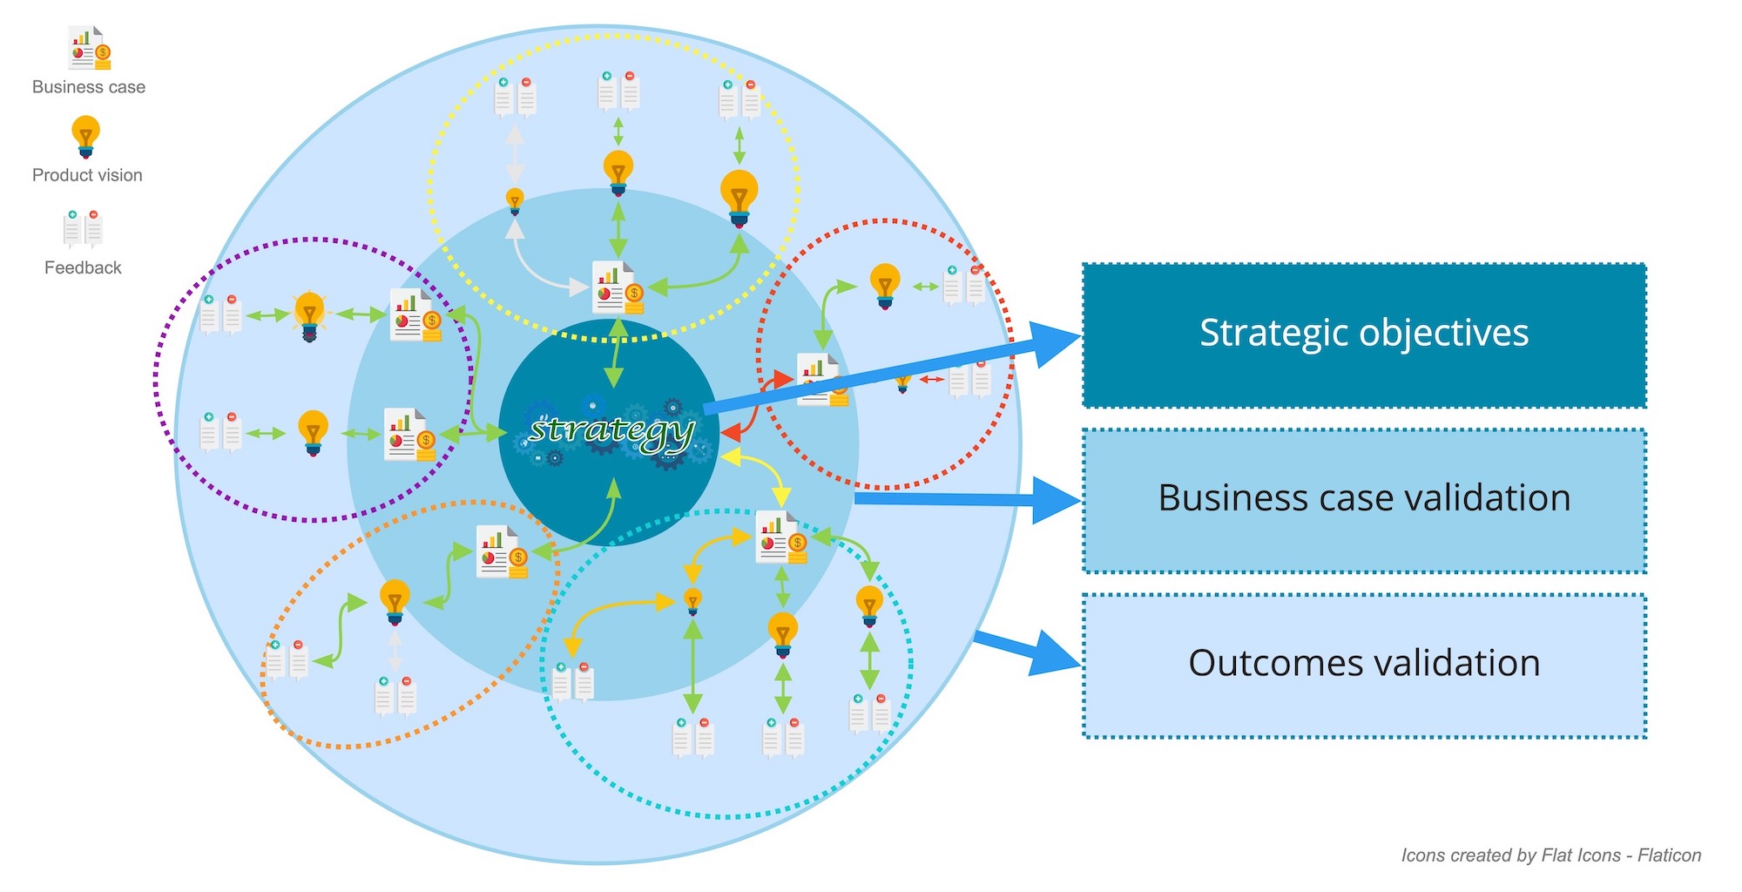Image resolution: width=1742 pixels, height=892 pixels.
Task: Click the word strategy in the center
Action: tap(611, 431)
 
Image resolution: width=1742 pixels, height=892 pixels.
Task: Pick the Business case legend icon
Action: tap(90, 49)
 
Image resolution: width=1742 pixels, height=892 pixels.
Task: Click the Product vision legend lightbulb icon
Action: tap(85, 137)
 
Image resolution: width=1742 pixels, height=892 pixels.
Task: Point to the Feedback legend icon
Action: tap(83, 228)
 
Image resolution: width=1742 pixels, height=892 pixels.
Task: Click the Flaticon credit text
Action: tap(1550, 855)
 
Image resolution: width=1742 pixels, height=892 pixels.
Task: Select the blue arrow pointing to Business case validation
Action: tap(967, 499)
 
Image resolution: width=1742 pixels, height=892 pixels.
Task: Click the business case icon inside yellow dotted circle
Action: tap(618, 287)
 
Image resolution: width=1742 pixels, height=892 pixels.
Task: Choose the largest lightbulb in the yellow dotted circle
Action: tap(739, 197)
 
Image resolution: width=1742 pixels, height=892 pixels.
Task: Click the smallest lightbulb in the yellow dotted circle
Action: tap(515, 201)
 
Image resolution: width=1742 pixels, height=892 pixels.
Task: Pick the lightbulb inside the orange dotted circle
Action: tap(395, 601)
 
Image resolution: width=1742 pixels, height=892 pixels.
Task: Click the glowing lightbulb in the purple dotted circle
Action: tap(309, 315)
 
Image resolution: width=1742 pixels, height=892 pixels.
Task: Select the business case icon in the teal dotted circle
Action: tap(781, 537)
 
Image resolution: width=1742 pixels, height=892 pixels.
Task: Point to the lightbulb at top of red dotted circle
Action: tap(885, 286)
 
